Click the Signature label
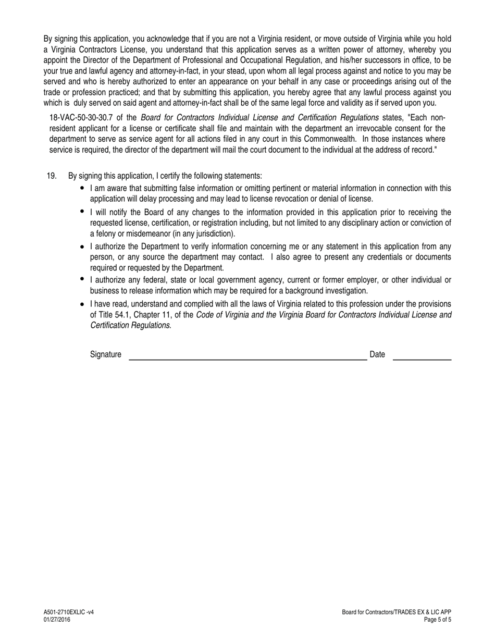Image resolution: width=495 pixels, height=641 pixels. pos(106,355)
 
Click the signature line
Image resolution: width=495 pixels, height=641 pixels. pos(248,359)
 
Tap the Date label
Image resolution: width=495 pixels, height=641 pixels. pos(377,355)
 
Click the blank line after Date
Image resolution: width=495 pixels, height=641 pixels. pos(422,359)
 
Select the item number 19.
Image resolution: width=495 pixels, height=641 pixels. pos(52,176)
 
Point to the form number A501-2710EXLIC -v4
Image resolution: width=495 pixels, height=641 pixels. pos(69,612)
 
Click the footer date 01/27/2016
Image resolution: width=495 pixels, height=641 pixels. pos(57,620)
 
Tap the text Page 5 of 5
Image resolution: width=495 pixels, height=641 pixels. pos(438,620)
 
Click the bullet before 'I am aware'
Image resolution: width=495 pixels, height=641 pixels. pos(82,188)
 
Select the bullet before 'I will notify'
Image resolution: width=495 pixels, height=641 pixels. pos(82,211)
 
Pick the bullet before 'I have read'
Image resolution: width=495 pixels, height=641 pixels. pos(82,304)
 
